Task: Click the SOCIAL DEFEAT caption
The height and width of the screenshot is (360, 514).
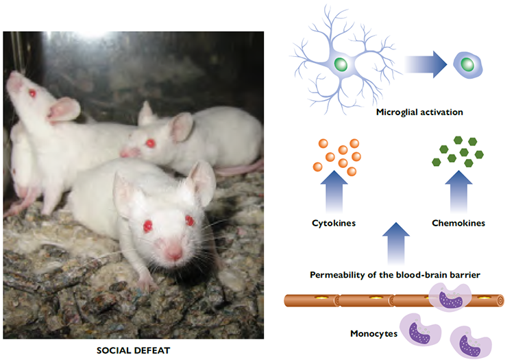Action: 134,350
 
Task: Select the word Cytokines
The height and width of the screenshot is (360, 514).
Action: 334,223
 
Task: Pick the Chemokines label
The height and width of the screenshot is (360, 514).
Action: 458,223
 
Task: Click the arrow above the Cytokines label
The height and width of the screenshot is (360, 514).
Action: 334,194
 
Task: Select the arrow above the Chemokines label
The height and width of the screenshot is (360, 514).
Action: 458,194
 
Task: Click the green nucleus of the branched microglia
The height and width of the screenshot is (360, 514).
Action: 340,65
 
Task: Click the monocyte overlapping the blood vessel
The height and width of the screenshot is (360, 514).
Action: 450,299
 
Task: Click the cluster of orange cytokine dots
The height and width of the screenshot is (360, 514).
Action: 339,156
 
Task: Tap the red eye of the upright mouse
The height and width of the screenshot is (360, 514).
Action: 31,93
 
